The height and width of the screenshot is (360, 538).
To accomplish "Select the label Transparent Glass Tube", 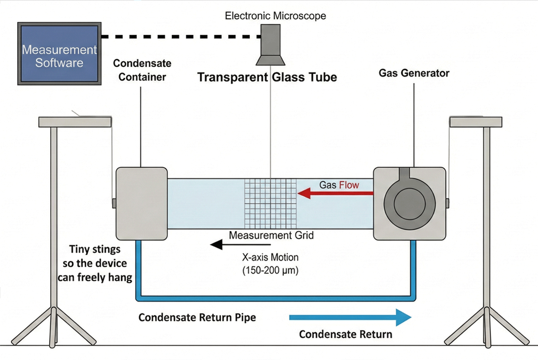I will [x=267, y=78].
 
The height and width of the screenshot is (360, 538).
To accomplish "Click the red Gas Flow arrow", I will [x=335, y=193].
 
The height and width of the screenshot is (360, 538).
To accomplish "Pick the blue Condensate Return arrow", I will [x=350, y=318].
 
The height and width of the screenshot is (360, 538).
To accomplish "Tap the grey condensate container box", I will [x=141, y=203].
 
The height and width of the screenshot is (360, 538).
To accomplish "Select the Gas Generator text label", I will [x=414, y=73].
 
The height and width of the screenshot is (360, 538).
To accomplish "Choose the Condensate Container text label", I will [x=142, y=70].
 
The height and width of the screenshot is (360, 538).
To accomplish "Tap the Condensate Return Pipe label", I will [x=197, y=318].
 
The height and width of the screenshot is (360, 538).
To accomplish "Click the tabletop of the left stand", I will [x=75, y=122].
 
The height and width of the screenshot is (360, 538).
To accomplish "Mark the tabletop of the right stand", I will [x=476, y=122].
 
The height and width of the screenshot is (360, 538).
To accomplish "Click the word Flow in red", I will [x=348, y=185].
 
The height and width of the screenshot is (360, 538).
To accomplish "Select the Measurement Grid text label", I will [x=271, y=235].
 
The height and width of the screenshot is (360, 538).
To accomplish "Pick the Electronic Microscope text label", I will [x=275, y=16].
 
